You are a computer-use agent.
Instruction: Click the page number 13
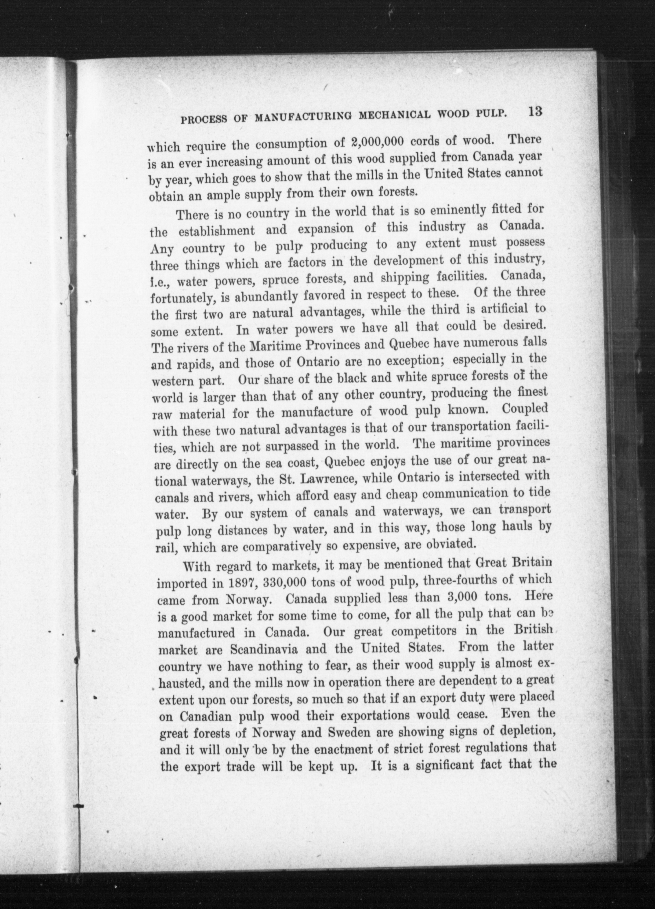pos(535,111)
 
